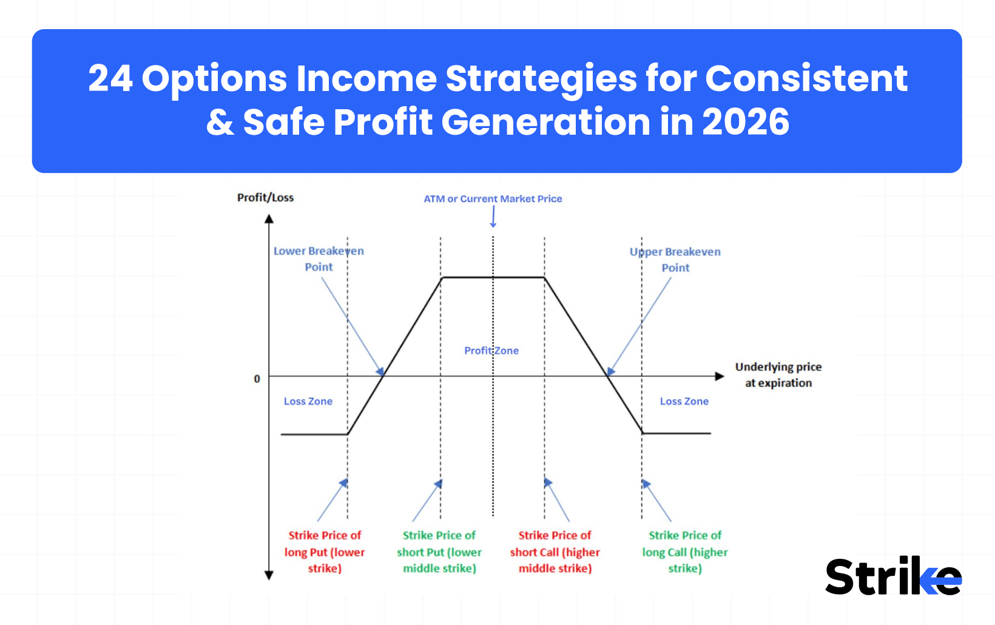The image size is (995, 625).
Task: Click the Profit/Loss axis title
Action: tap(265, 198)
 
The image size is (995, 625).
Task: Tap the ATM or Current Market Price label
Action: tap(493, 199)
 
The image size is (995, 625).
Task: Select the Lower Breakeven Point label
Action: tap(319, 259)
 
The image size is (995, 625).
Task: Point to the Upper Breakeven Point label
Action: tap(675, 260)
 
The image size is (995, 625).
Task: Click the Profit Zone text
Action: tap(491, 351)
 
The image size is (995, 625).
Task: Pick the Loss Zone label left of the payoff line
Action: tap(308, 402)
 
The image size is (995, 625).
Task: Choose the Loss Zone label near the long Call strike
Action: tap(684, 402)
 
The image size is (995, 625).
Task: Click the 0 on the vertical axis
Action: tap(257, 379)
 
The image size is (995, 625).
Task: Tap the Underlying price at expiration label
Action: tap(778, 375)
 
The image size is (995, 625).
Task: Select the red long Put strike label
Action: tap(325, 552)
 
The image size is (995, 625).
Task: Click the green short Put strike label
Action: tap(439, 552)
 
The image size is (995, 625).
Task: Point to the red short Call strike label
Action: tap(555, 552)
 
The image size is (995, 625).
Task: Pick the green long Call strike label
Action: tap(685, 552)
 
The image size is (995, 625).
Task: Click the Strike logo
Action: tap(893, 576)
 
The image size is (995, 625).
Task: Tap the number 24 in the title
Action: tap(110, 79)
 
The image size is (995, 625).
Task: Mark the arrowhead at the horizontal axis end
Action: tap(720, 376)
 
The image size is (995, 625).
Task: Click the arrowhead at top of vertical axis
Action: tap(269, 218)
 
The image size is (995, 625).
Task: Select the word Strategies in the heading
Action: tap(541, 79)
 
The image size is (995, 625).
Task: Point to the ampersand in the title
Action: tap(220, 123)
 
